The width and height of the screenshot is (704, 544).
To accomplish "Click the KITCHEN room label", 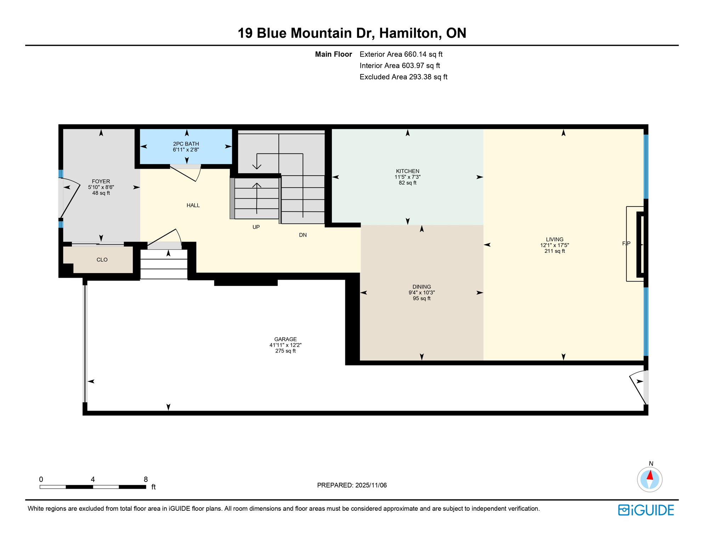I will [407, 171].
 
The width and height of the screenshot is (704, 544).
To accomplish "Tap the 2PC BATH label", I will [186, 144].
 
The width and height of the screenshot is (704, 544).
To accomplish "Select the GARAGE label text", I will [285, 339].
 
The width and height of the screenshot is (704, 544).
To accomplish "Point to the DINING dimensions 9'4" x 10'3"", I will [421, 293].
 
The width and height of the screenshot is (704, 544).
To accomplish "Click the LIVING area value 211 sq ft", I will [554, 251].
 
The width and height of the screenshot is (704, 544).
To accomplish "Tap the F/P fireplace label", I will [626, 244].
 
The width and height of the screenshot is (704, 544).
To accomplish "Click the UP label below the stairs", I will [256, 227].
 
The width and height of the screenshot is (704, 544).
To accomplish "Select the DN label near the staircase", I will [302, 235].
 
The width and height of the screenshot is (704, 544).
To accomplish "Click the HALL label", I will [193, 205].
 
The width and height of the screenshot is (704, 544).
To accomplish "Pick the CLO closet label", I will [102, 260].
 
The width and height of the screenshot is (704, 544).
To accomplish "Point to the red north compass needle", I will [650, 475].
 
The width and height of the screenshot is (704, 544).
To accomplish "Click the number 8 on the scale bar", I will [146, 480].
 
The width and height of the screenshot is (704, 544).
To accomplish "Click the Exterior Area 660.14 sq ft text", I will [401, 54].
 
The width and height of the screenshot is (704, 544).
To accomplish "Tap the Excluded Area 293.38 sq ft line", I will [403, 77].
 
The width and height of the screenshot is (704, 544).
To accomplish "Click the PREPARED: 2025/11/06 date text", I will [352, 485].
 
